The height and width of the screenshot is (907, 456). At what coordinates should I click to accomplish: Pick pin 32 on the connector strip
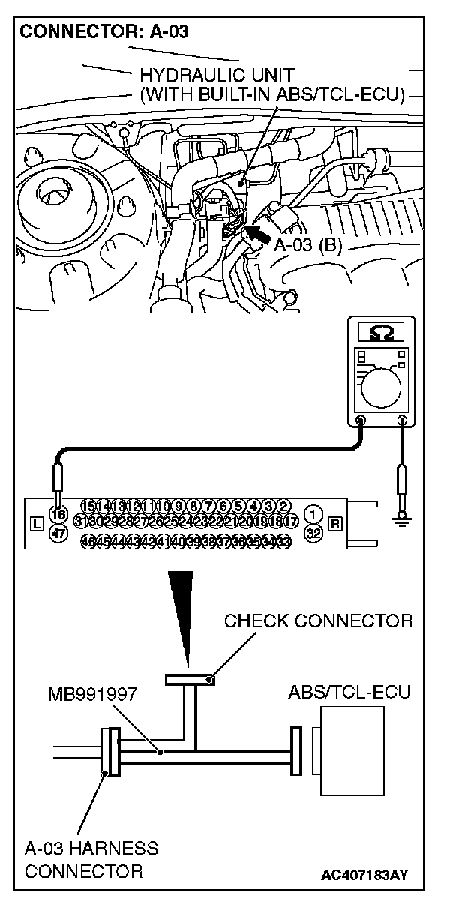(316, 533)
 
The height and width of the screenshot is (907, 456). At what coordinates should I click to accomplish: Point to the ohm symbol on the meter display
(381, 331)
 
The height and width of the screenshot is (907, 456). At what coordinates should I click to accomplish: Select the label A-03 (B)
(308, 247)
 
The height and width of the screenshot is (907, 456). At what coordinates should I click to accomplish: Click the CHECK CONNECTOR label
(318, 621)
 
